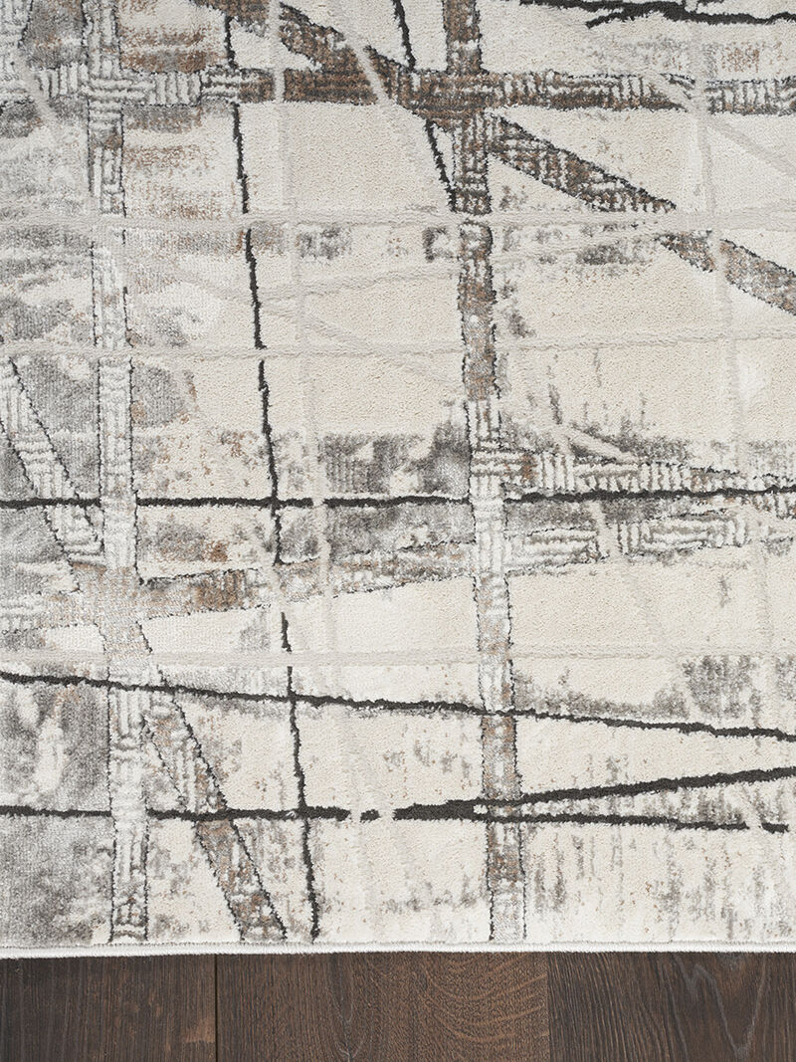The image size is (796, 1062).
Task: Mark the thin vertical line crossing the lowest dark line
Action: (303, 813)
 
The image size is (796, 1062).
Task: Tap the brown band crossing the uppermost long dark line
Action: (487, 497)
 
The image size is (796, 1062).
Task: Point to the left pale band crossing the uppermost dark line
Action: (116, 502)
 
